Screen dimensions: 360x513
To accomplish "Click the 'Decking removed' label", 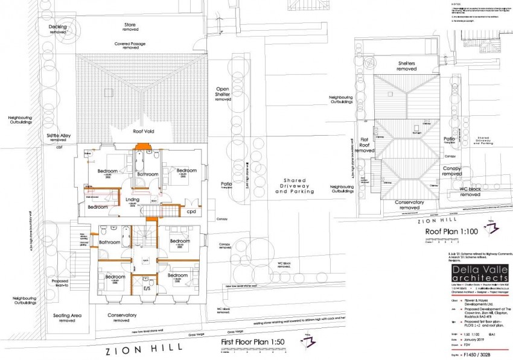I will [58, 29].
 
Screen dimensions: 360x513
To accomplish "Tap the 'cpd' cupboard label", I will [191, 212].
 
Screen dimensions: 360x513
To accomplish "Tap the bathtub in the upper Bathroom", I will [139, 162].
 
